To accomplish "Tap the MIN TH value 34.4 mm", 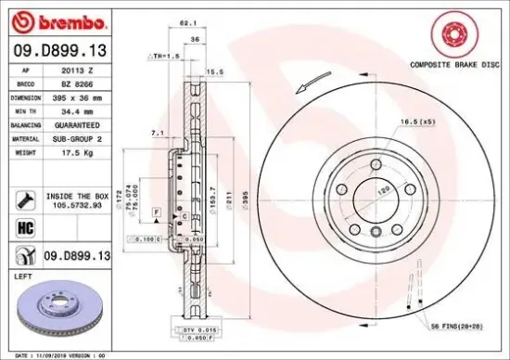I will click(79, 110).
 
